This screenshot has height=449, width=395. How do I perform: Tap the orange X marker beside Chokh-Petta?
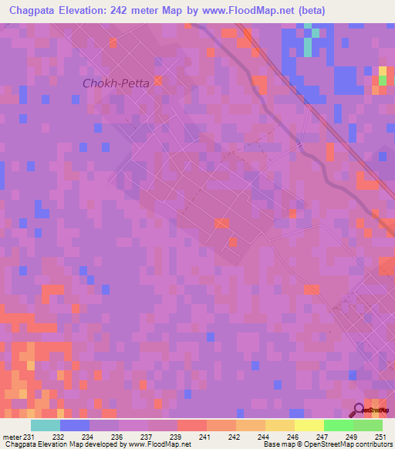pos(158,80)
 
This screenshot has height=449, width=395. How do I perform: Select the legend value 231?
pos(28,437)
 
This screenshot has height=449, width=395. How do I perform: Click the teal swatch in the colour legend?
pos(46,425)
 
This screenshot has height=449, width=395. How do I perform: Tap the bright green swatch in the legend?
pos(338,425)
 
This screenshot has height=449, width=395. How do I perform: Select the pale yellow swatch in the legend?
pos(309,425)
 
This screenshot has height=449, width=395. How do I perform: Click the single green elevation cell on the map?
pos(382,80)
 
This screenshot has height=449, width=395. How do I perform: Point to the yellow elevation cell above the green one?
pos(382,71)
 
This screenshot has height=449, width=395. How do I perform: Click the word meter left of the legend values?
pos(11,437)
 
